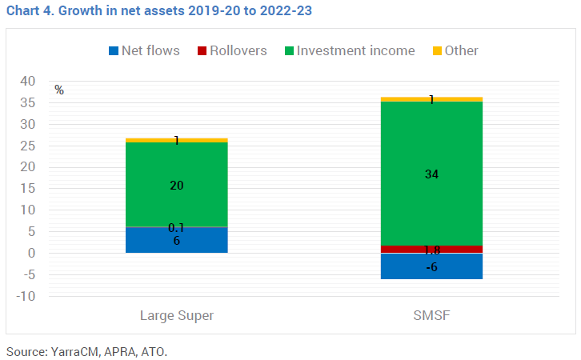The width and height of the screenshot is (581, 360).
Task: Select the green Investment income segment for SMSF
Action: click(x=431, y=200)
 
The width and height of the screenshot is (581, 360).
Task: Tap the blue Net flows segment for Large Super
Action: click(x=177, y=240)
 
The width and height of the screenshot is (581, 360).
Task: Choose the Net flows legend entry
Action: click(x=144, y=50)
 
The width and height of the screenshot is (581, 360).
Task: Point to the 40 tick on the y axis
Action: click(x=29, y=82)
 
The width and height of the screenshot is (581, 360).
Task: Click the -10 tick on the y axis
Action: click(x=27, y=296)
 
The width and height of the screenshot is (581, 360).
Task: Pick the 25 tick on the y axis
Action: click(x=29, y=146)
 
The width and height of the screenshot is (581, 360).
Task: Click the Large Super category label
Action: click(x=177, y=315)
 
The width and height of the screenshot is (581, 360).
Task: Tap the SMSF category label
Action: click(x=431, y=315)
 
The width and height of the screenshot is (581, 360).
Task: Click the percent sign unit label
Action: click(x=59, y=90)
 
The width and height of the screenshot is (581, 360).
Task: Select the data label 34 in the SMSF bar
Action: click(x=432, y=174)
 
